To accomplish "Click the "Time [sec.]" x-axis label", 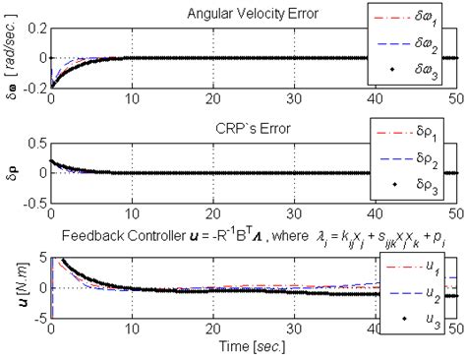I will click(x=246, y=346).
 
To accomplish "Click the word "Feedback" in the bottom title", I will click(x=90, y=238).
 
